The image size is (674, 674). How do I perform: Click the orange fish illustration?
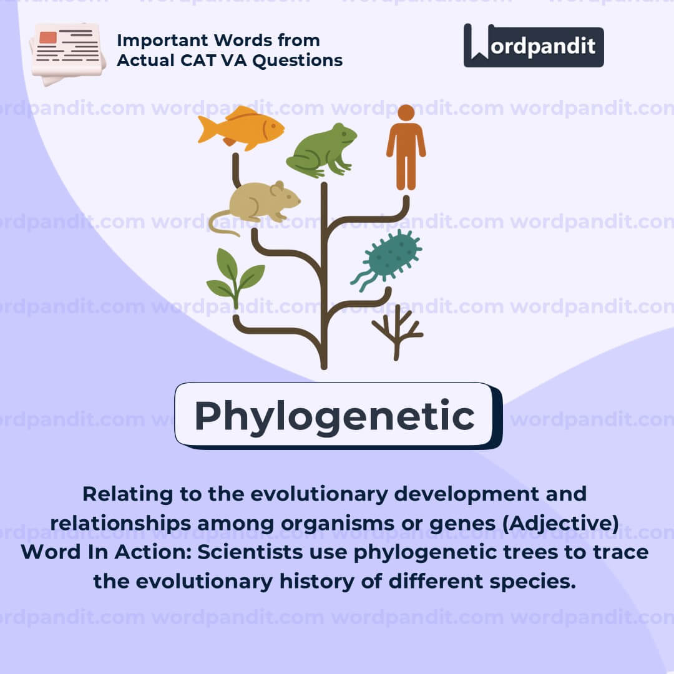coord(241,128)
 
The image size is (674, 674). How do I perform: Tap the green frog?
coord(321,150)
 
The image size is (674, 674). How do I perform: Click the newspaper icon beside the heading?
coord(67,54)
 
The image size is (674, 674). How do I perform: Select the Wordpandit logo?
coord(534,46)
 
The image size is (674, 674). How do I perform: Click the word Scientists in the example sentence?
coord(250,552)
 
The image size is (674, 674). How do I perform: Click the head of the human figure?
coord(406,112)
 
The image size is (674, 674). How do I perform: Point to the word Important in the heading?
coord(165,41)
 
